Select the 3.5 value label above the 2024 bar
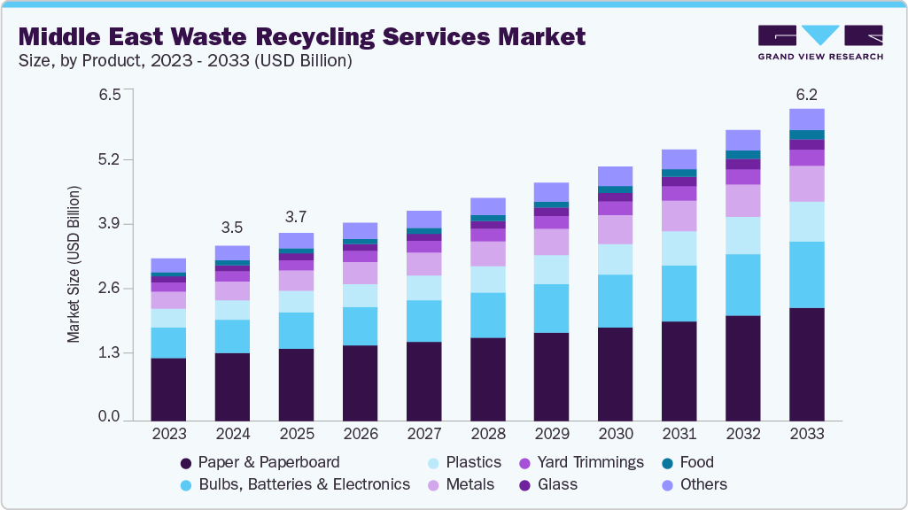232,228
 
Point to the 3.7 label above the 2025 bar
296,216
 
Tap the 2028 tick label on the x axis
487,434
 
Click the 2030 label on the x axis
615,434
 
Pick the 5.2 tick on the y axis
109,160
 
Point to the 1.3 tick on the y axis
109,353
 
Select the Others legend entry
704,484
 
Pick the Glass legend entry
557,484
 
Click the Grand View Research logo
820,42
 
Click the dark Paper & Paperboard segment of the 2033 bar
806,363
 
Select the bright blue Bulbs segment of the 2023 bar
168,343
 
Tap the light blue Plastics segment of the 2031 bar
679,248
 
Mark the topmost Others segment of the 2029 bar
551,191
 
